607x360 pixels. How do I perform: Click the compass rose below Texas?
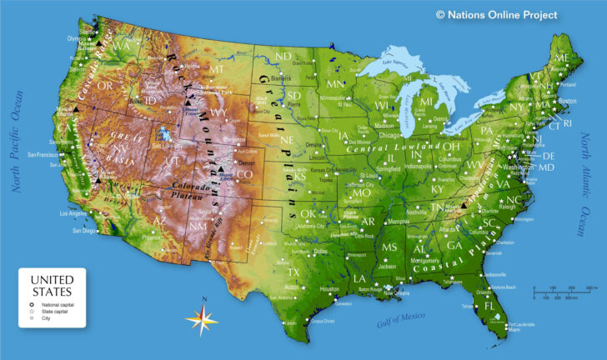tap(201, 317)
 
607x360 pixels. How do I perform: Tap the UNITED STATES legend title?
tap(52, 286)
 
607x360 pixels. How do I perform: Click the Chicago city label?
tap(389, 134)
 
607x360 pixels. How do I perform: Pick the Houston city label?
tap(330, 289)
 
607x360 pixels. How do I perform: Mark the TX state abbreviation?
tap(293, 272)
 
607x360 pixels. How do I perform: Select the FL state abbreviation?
tap(490, 305)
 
